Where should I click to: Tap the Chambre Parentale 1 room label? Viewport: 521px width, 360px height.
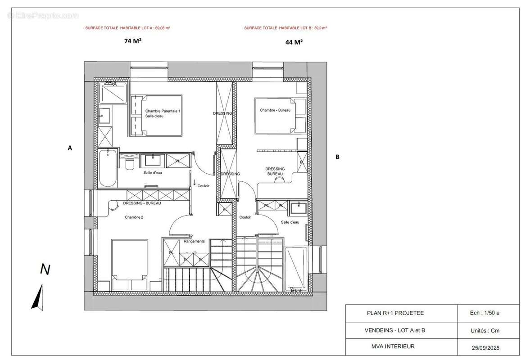click(163, 111)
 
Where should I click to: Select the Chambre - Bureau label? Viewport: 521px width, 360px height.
click(275, 110)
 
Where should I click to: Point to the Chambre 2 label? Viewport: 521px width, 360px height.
click(134, 217)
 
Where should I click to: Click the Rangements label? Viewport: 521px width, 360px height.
click(194, 241)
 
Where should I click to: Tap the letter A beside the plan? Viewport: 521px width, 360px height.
click(70, 148)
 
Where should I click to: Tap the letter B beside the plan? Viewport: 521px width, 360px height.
click(337, 157)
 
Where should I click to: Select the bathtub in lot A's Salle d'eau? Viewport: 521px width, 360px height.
click(108, 168)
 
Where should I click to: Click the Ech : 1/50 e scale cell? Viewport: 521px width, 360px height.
click(485, 313)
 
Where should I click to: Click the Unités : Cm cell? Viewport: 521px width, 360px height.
click(485, 330)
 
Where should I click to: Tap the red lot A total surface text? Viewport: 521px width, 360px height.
click(127, 28)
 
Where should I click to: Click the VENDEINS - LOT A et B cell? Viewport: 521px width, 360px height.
click(394, 330)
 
